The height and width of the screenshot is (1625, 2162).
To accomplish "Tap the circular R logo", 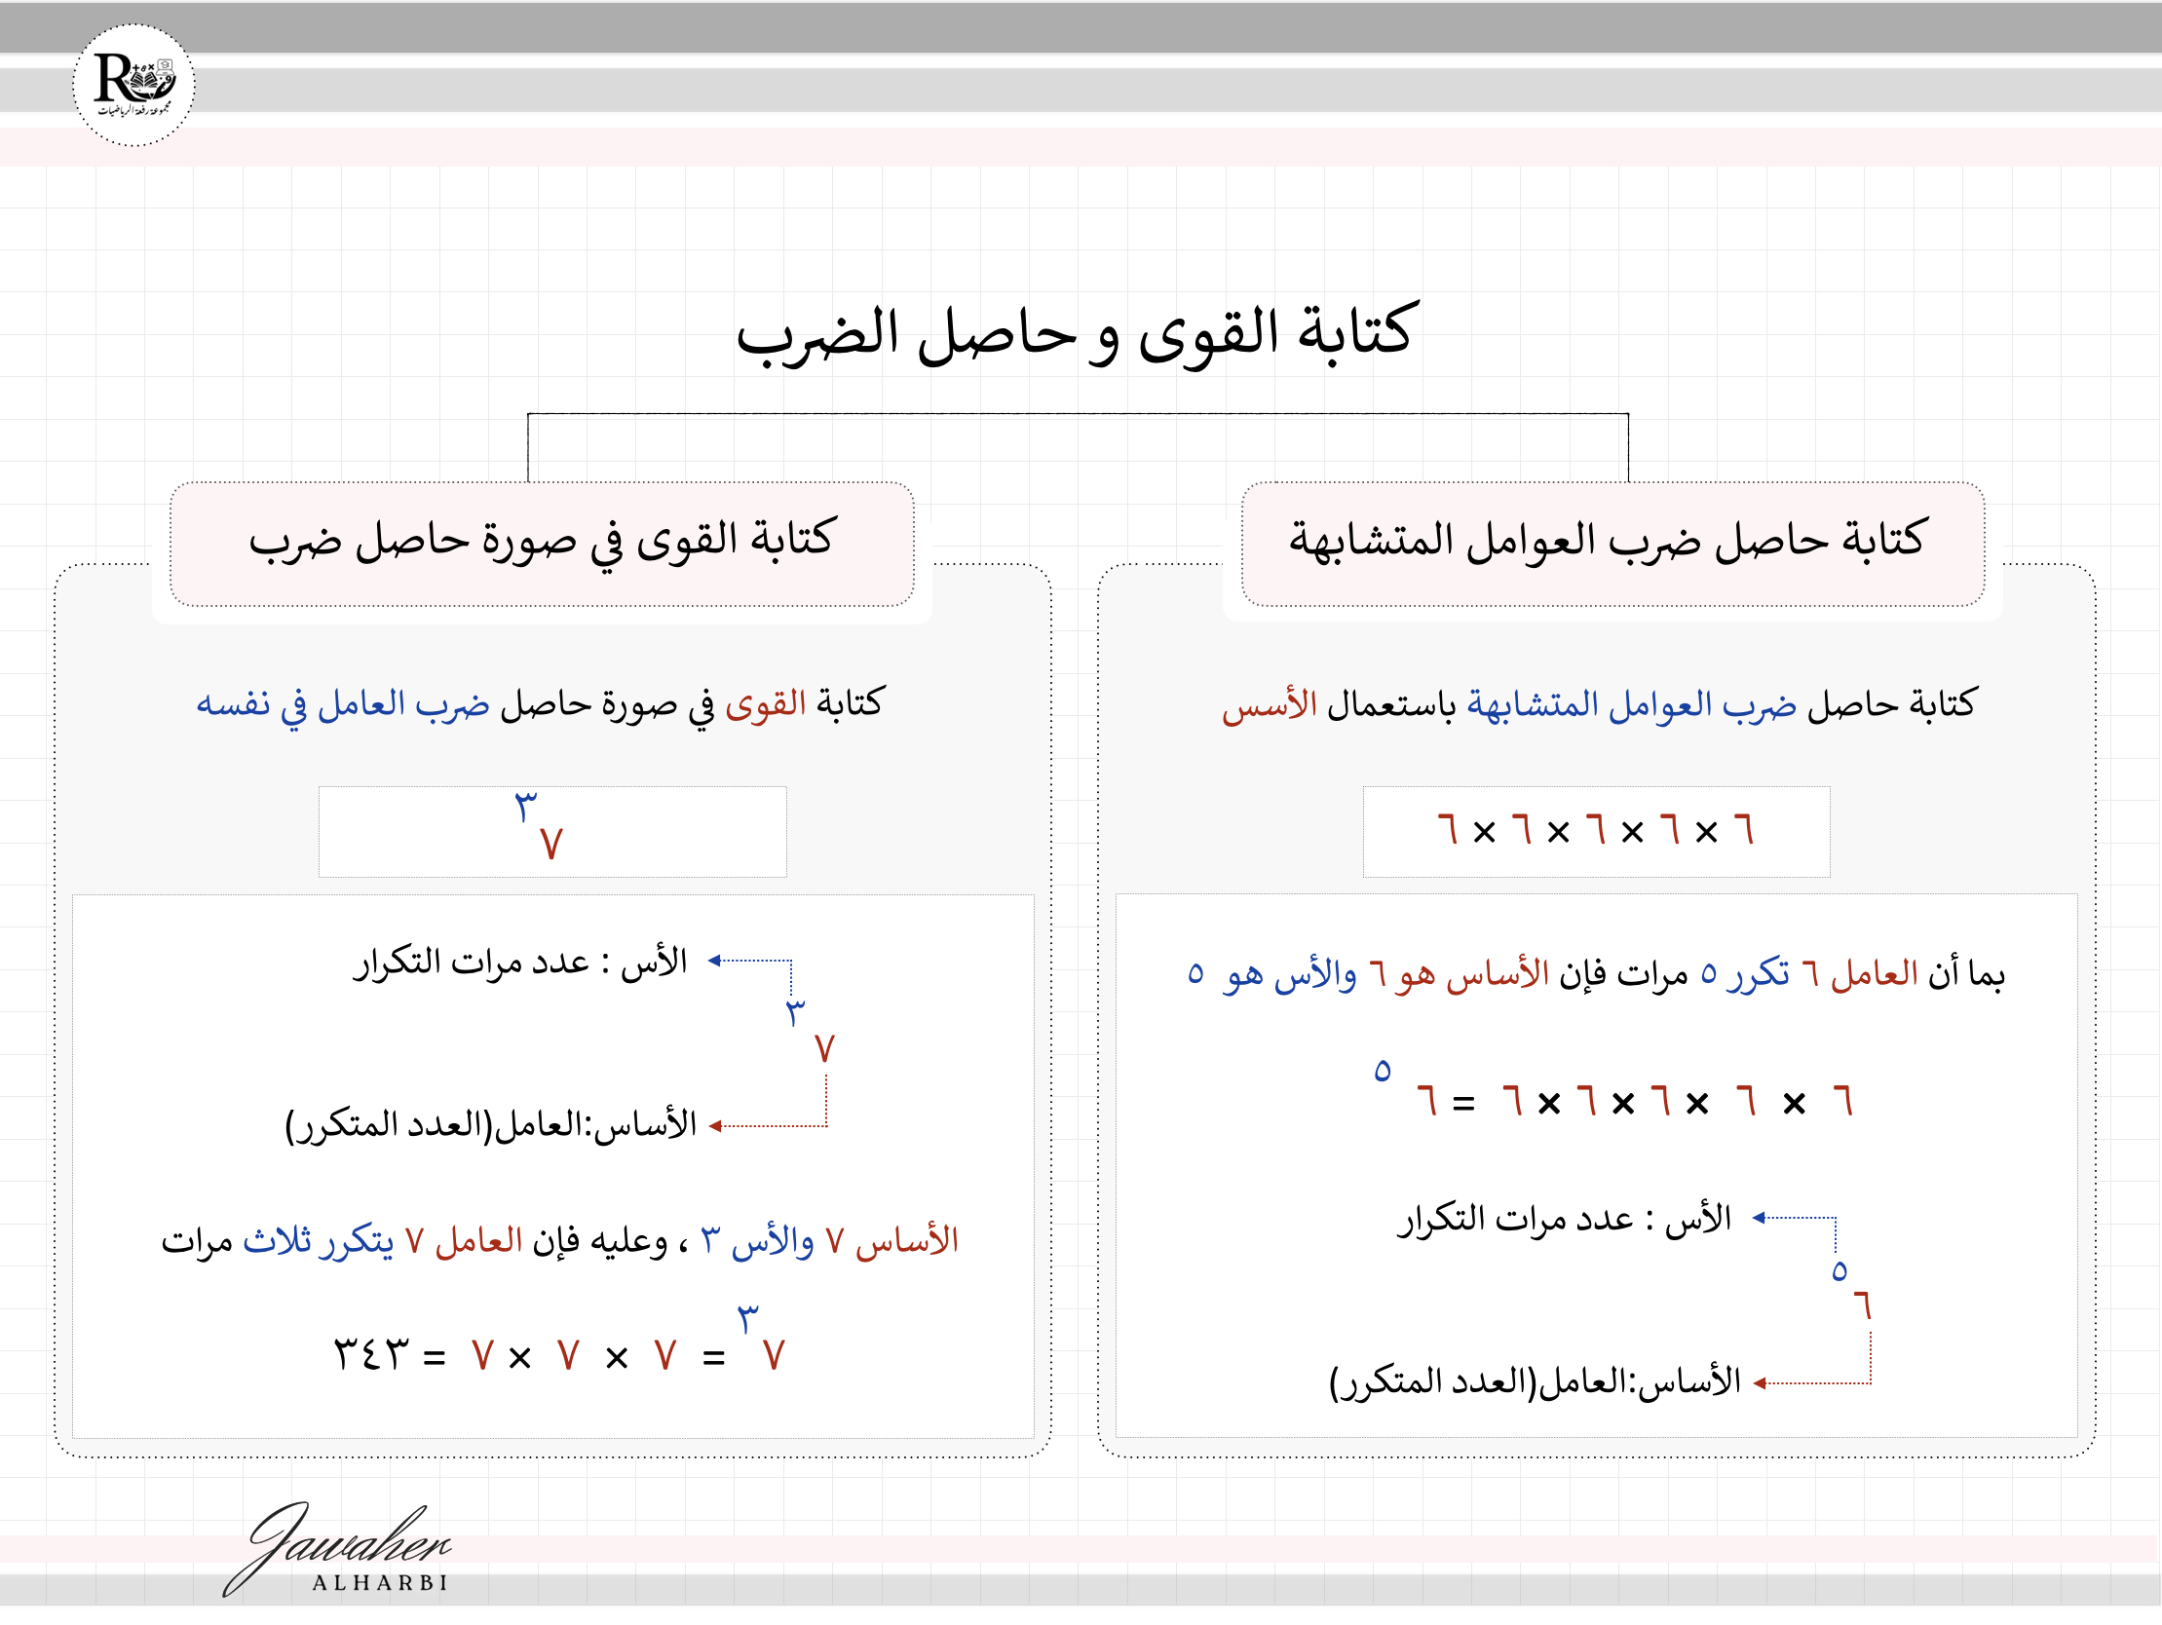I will [x=133, y=85].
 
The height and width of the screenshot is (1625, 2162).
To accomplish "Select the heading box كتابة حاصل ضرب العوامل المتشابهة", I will [x=1612, y=543].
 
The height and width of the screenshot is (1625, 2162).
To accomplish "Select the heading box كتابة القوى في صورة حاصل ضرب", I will [x=542, y=543].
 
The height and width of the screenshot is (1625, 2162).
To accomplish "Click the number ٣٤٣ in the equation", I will [x=371, y=1355].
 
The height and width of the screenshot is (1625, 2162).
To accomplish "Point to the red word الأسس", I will [x=1269, y=705].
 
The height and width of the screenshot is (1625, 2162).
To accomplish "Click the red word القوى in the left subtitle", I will [x=765, y=704].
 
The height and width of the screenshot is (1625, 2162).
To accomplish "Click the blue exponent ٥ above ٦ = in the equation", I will [x=1381, y=1071].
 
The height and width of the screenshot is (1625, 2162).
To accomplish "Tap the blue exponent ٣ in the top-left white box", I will [x=526, y=807].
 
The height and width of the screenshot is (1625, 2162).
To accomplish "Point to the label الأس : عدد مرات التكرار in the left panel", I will [x=520, y=963].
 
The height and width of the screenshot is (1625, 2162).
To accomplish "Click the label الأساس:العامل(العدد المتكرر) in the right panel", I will [x=1535, y=1381].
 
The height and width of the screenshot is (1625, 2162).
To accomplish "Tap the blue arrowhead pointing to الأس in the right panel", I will [x=1759, y=1218].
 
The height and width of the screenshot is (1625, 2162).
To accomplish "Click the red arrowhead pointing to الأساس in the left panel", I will [x=715, y=1126].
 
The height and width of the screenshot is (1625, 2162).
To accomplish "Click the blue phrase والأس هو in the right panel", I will [x=1290, y=975].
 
